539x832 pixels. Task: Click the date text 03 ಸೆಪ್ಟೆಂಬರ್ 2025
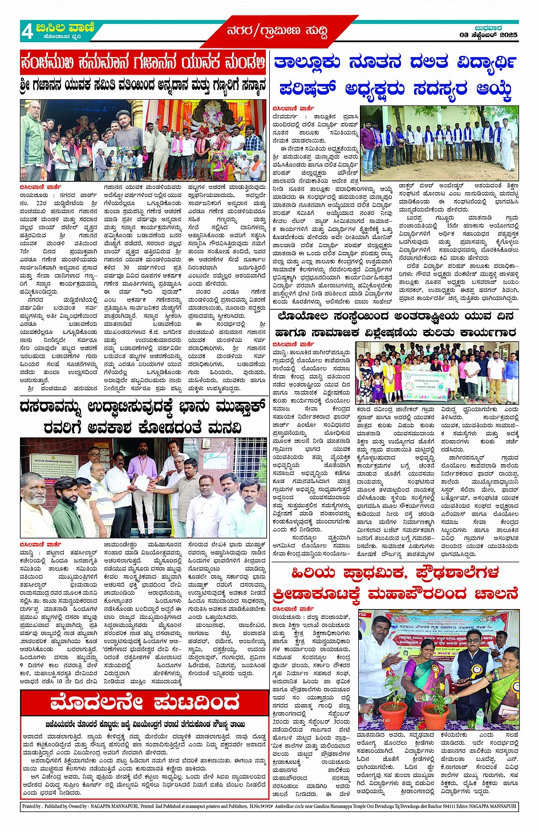click(488, 35)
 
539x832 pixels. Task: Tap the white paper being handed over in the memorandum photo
click(141, 482)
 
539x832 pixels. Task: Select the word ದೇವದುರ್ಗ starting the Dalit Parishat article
click(283, 116)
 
